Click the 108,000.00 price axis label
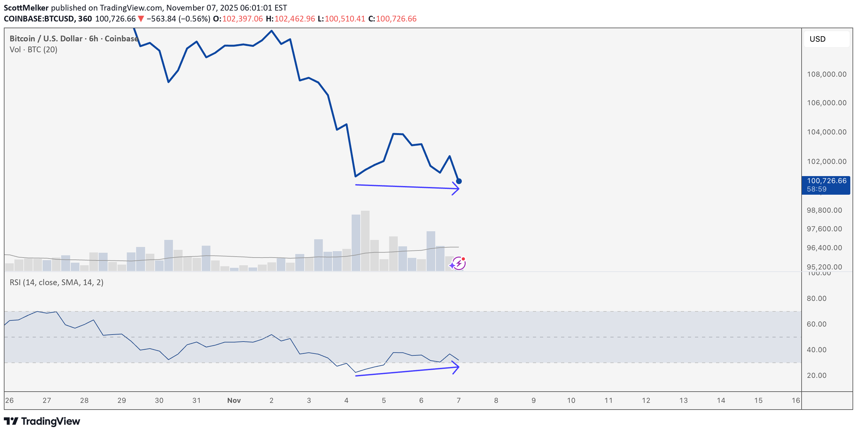pyautogui.click(x=826, y=74)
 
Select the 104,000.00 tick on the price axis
pyautogui.click(x=826, y=132)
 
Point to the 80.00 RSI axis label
pyautogui.click(x=816, y=298)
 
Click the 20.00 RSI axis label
pyautogui.click(x=816, y=375)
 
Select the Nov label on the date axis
pyautogui.click(x=234, y=400)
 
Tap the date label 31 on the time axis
pyautogui.click(x=197, y=400)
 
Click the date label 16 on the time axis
pyautogui.click(x=796, y=400)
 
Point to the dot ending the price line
pyautogui.click(x=459, y=181)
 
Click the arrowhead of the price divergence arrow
pyautogui.click(x=457, y=189)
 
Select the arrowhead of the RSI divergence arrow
pyautogui.click(x=457, y=367)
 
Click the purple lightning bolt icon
pyautogui.click(x=459, y=263)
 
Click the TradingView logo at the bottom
pyautogui.click(x=42, y=421)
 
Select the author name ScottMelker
pyautogui.click(x=26, y=8)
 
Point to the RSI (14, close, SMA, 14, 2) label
pyautogui.click(x=56, y=283)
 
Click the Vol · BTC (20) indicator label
pyautogui.click(x=33, y=50)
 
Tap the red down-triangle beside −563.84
pyautogui.click(x=141, y=19)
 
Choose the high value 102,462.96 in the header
pyautogui.click(x=294, y=19)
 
